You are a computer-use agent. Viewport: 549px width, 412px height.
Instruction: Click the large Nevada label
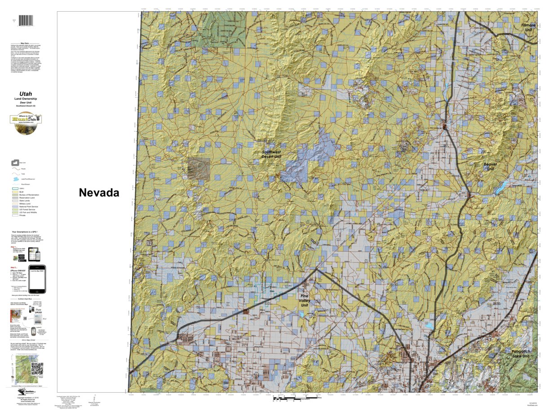(x=99, y=193)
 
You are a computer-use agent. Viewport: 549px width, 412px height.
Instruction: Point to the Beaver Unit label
(x=490, y=168)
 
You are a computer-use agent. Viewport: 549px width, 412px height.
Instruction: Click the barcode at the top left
(x=29, y=21)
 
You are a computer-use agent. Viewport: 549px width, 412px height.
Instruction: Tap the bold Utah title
(x=25, y=94)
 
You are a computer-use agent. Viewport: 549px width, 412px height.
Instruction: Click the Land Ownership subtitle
(x=26, y=99)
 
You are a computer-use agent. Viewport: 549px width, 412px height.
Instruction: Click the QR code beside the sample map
(x=37, y=368)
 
